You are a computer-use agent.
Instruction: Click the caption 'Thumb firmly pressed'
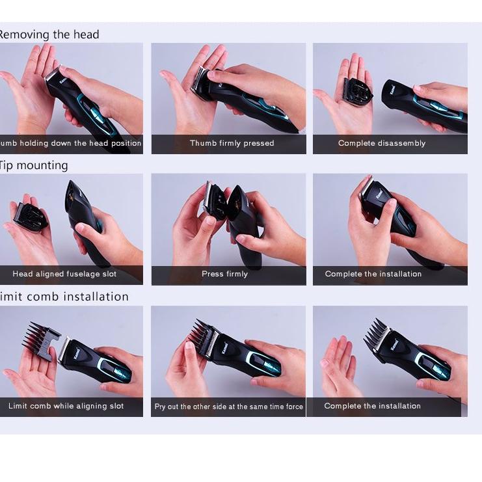pos(232,143)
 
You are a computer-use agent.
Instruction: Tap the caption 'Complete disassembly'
pos(381,143)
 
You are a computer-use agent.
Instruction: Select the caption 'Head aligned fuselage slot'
pos(64,274)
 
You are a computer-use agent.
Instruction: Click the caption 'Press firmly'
pos(224,274)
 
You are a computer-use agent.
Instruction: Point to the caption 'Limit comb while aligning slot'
pos(66,406)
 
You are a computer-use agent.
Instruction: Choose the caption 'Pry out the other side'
pos(228,407)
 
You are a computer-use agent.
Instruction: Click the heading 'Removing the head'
pos(48,34)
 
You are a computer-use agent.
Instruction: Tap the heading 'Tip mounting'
pos(33,165)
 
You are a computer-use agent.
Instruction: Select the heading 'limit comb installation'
pos(64,297)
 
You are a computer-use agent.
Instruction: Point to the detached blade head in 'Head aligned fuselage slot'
pos(29,216)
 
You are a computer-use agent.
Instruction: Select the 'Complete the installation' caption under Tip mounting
pos(373,274)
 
